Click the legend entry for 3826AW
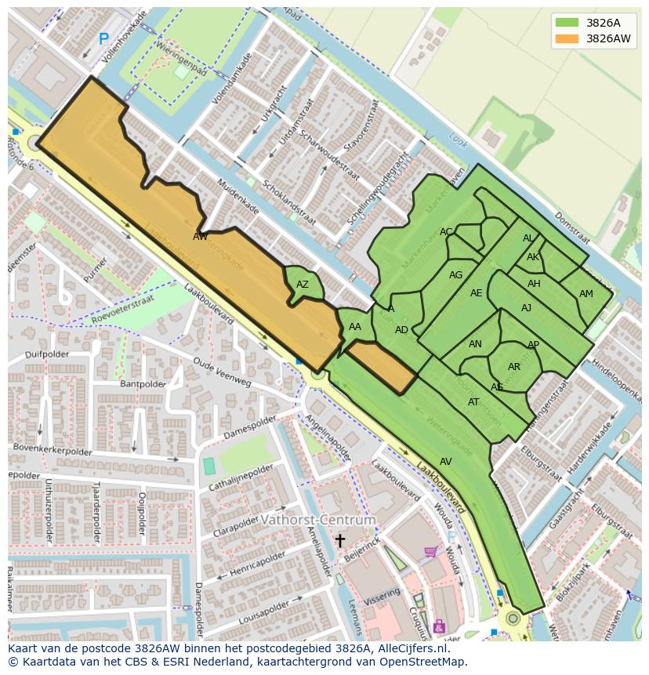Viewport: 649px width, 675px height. (607, 38)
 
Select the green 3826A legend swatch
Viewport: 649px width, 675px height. (566, 23)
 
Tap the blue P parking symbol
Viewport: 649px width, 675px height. (103, 38)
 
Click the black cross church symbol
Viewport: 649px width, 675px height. (340, 540)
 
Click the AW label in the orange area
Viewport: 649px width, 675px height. (200, 236)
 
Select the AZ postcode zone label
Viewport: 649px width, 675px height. (303, 285)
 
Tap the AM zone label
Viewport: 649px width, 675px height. (586, 294)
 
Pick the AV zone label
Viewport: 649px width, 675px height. (445, 462)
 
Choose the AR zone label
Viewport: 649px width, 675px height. (514, 367)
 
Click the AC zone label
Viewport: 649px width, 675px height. (446, 232)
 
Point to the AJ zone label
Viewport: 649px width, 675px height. (526, 308)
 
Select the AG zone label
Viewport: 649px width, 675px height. (455, 275)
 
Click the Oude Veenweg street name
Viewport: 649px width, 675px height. (222, 372)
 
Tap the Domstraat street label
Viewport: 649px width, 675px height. (575, 227)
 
